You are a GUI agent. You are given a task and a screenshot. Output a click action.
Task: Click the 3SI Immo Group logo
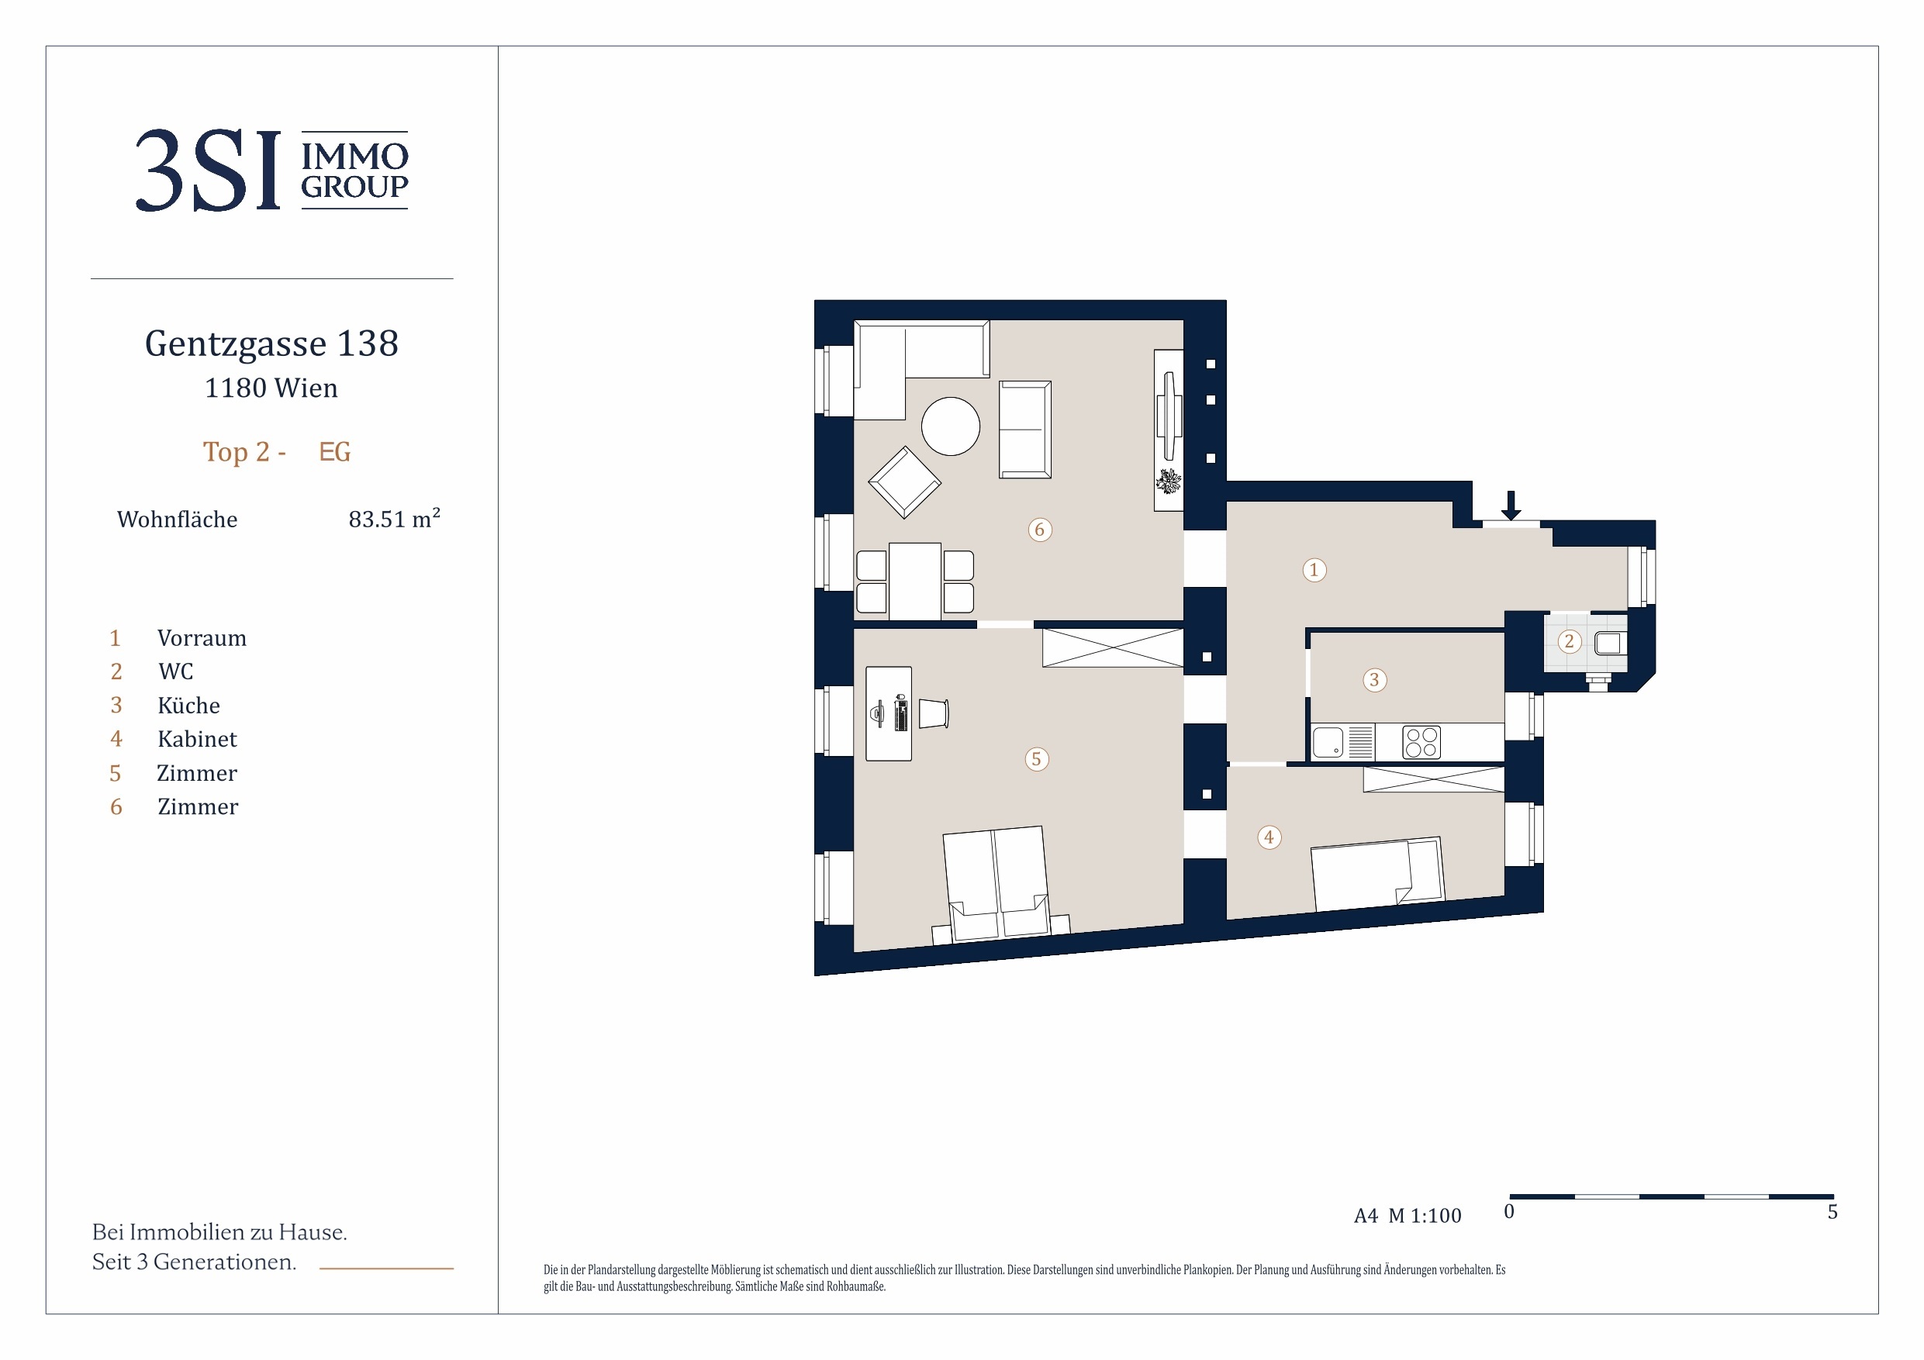click(x=271, y=170)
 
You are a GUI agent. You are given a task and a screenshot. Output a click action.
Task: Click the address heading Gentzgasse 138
click(x=271, y=343)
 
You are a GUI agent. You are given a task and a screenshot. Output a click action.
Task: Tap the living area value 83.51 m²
click(x=394, y=518)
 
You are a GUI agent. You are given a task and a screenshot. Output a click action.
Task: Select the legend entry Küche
click(x=188, y=705)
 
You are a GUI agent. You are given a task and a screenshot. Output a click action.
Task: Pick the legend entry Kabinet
click(x=197, y=739)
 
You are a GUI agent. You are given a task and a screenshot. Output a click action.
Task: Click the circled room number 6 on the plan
click(x=1039, y=530)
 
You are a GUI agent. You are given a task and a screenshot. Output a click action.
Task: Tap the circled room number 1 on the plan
click(x=1314, y=570)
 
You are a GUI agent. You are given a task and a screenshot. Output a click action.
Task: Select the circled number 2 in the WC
click(x=1569, y=642)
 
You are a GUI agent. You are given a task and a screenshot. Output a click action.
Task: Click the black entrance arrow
click(x=1511, y=506)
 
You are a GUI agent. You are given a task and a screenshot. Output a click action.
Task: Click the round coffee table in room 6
click(x=950, y=426)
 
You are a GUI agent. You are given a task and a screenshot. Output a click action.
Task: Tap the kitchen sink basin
click(x=1328, y=743)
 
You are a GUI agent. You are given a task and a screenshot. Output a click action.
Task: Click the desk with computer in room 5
click(x=888, y=714)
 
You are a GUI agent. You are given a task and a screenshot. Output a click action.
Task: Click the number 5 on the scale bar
click(x=1832, y=1212)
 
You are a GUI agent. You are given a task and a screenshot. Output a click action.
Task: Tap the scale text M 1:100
click(x=1425, y=1215)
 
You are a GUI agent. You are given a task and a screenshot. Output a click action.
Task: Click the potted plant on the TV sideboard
click(x=1168, y=481)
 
